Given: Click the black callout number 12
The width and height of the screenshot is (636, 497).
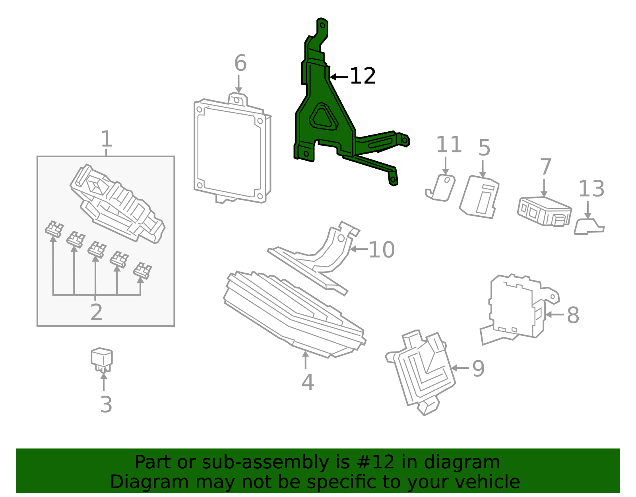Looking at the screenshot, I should click(x=363, y=76).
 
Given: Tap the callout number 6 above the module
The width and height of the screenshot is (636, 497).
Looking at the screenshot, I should click(x=240, y=63).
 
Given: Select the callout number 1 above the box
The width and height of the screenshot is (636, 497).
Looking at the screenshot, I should click(x=106, y=139).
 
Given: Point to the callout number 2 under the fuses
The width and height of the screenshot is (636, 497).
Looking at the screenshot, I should click(x=96, y=312).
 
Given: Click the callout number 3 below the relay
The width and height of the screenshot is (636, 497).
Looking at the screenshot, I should click(x=106, y=405).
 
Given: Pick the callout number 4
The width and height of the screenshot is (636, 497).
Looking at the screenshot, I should click(x=307, y=382).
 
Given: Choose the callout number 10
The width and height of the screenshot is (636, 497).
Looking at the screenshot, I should click(x=381, y=250).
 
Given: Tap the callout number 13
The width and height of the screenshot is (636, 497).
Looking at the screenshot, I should click(x=591, y=189).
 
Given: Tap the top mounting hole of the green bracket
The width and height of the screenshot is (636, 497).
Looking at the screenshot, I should click(x=322, y=25).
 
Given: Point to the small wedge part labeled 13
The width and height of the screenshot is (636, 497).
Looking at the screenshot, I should click(x=588, y=227).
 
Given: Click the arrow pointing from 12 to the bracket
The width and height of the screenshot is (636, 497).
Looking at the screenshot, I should click(x=339, y=76).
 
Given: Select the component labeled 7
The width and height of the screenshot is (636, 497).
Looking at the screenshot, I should click(x=544, y=211).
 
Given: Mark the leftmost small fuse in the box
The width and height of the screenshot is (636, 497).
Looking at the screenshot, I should click(x=54, y=230).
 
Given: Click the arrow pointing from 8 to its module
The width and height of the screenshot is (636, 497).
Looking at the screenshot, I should click(x=554, y=314).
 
